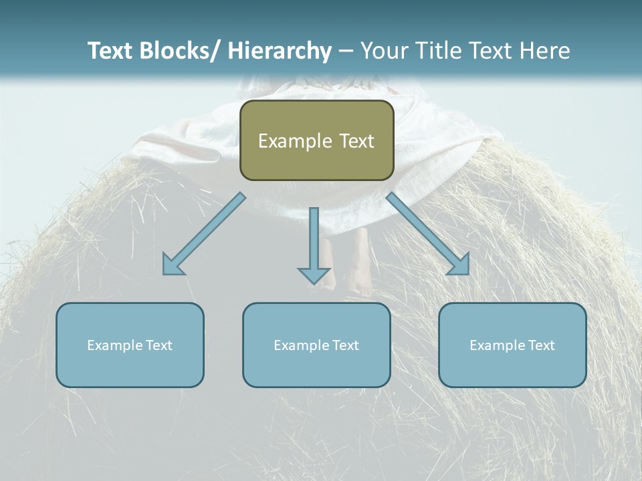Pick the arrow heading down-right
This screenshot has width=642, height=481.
click(x=428, y=234)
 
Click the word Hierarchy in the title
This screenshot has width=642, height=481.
click(x=280, y=51)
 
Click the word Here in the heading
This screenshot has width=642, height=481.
click(x=546, y=51)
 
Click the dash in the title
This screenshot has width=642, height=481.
click(x=346, y=51)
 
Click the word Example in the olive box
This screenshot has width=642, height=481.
click(x=295, y=141)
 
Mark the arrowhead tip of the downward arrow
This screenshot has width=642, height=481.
click(x=314, y=284)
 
